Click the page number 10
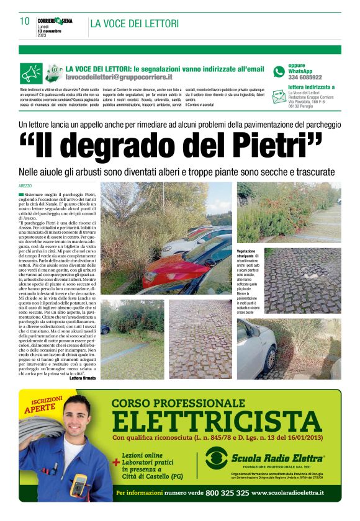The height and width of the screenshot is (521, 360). tap(24, 22)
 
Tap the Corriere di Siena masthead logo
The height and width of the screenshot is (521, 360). tap(55, 21)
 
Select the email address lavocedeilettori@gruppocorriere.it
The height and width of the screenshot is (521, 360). tap(119, 78)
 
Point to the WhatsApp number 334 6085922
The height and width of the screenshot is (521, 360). tap(305, 78)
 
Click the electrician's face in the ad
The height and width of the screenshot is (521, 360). tap(74, 429)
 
